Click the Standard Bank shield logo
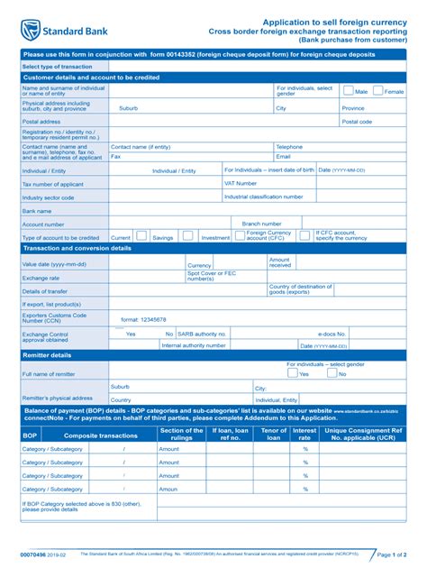pos(31,30)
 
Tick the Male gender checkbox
pos(349,90)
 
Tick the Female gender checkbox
pos(379,90)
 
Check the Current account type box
pos(141,236)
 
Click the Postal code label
pos(357,121)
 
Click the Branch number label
pos(262,224)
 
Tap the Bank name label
pos(37,211)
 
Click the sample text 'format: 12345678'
pos(143,319)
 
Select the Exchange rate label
pos(41,278)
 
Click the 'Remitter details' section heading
pos(47,355)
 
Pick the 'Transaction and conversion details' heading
pos(77,248)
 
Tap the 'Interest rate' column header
pos(304,434)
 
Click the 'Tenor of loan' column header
pos(273,434)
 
